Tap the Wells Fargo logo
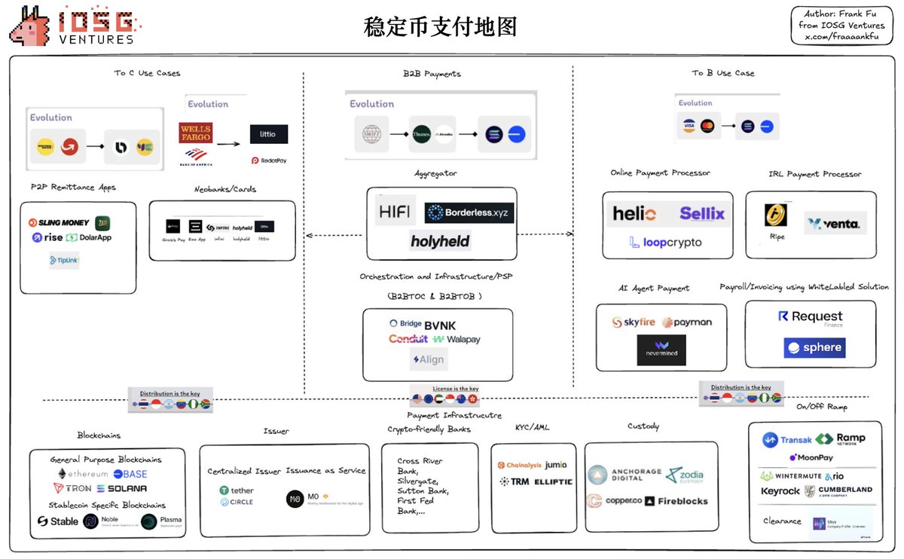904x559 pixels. coord(195,133)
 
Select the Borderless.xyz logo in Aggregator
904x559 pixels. coord(470,213)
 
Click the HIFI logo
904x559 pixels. coord(395,210)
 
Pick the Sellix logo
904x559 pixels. coord(701,214)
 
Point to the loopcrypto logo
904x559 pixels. coord(665,243)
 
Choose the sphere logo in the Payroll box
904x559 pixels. coord(814,347)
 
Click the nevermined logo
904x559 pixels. coord(661,350)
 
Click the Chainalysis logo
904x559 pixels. coord(521,465)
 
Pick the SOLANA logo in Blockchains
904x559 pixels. coord(121,488)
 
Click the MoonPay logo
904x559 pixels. coord(811,457)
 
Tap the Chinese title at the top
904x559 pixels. coord(440,27)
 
